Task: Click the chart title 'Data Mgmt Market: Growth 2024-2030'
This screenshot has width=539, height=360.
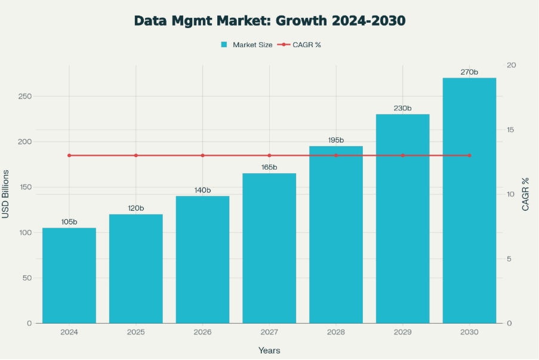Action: tap(269, 20)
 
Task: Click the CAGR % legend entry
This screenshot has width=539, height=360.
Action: tap(301, 45)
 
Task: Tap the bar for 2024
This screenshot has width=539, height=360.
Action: tap(69, 275)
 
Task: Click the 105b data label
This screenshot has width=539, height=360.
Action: tap(69, 222)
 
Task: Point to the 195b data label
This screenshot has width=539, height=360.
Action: tap(336, 140)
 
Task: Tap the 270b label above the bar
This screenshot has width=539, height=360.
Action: tap(469, 72)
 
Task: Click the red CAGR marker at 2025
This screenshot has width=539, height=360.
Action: tap(136, 155)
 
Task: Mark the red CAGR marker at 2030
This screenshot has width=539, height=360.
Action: tap(469, 155)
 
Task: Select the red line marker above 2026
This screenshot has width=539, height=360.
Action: tap(202, 155)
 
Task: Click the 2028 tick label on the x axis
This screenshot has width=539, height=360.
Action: tap(336, 331)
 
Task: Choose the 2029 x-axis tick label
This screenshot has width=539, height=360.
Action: tap(402, 331)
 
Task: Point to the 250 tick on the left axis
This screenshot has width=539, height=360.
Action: tap(25, 97)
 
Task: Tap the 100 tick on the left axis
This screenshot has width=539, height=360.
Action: tap(25, 232)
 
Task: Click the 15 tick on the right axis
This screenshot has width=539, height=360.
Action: tap(512, 130)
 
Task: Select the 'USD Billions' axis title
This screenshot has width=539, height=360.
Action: tap(6, 194)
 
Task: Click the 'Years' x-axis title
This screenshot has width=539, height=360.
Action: tap(269, 350)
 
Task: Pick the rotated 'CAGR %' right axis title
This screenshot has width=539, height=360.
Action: tap(526, 194)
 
